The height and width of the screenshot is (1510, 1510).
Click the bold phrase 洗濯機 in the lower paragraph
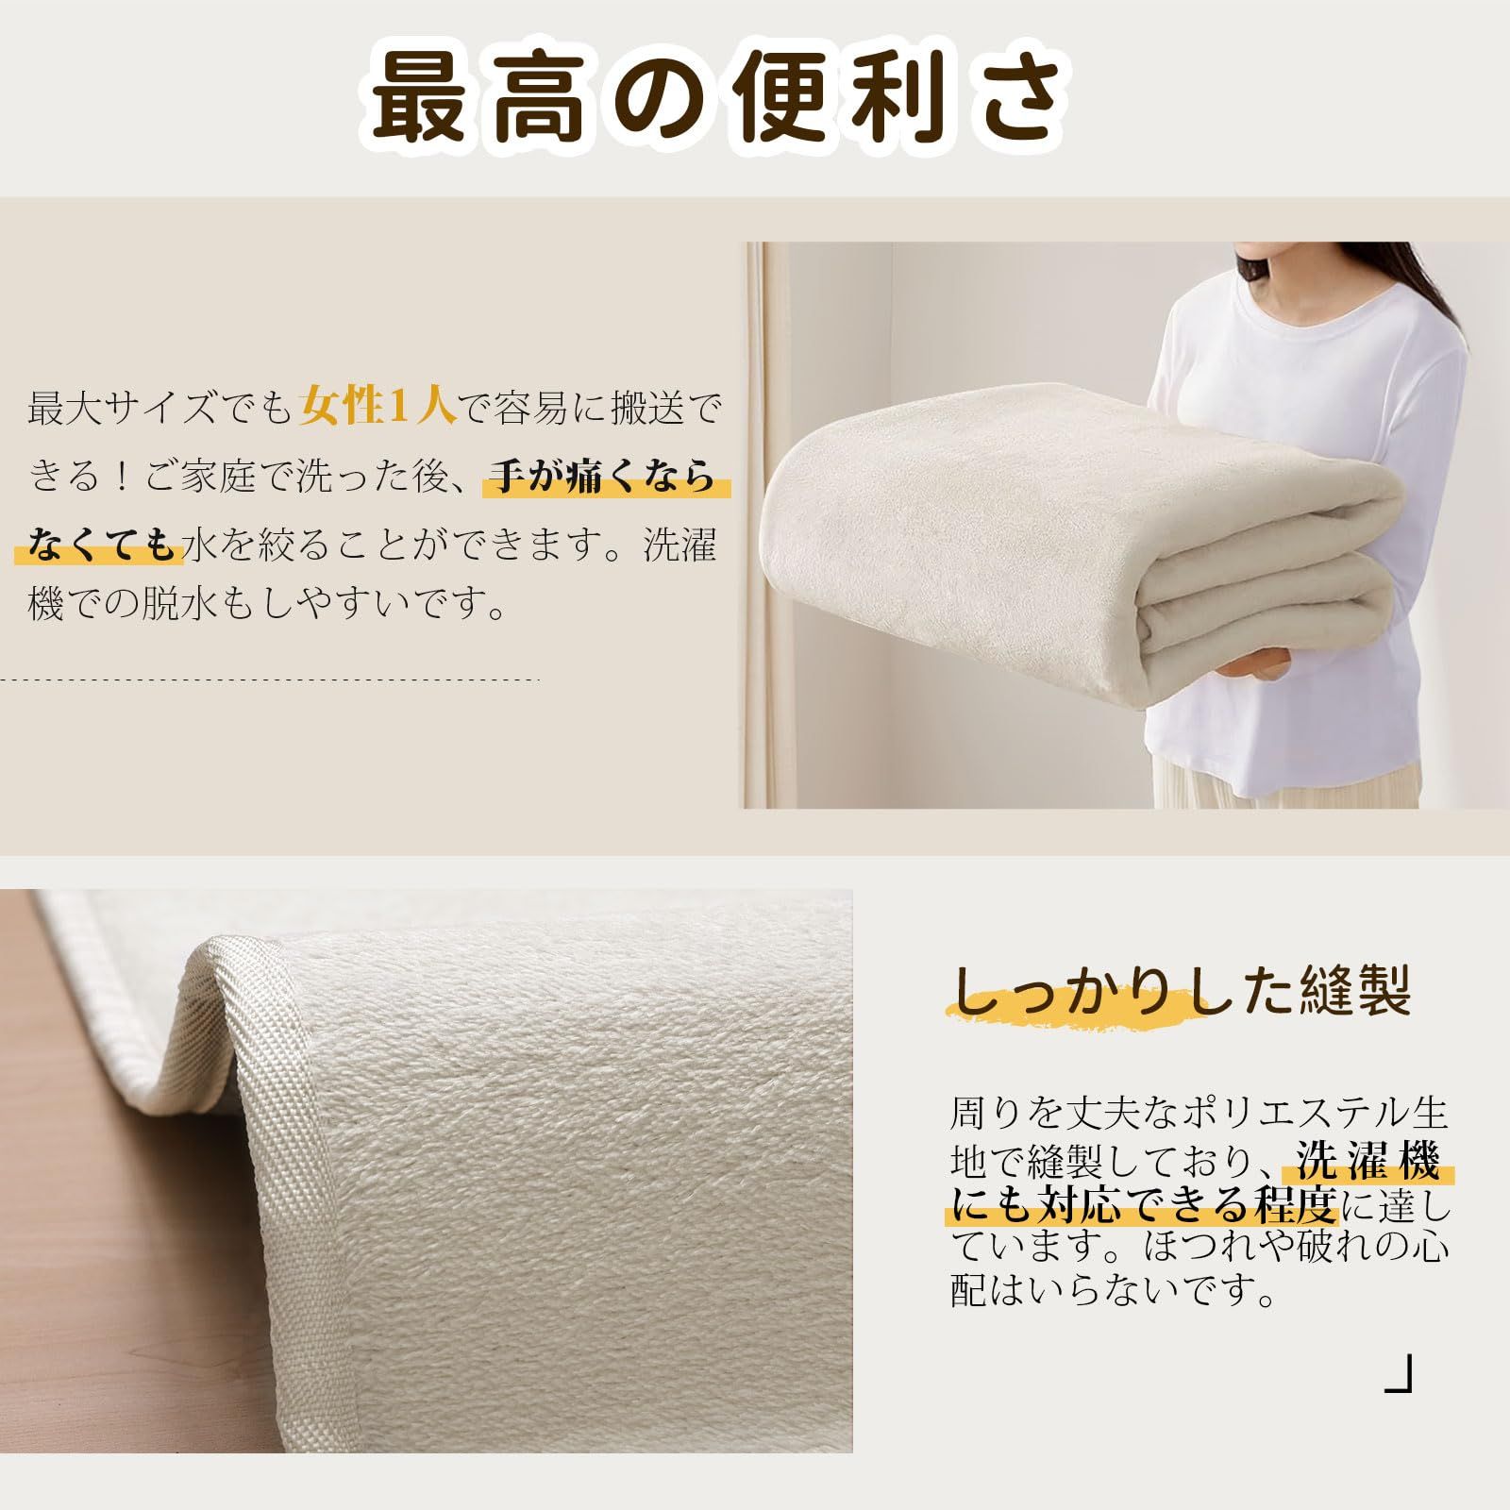pyautogui.click(x=1368, y=1162)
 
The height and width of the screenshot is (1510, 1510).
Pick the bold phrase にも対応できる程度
pyautogui.click(x=1143, y=1205)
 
